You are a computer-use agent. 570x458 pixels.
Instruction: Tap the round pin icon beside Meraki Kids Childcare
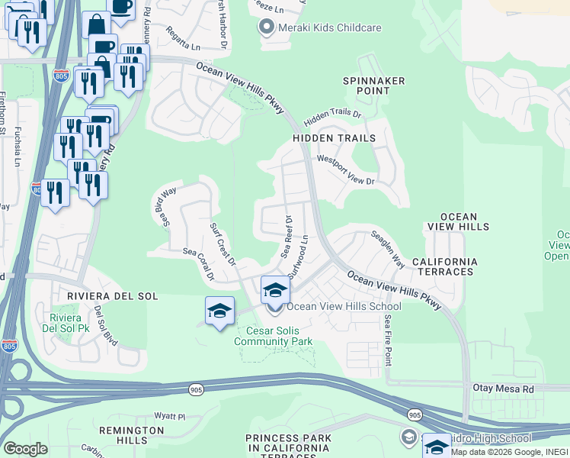(x=266, y=28)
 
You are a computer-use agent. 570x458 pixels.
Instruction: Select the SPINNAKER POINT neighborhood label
(x=373, y=86)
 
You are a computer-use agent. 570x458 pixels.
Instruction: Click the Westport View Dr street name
(x=346, y=171)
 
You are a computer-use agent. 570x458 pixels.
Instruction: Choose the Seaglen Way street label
(x=387, y=249)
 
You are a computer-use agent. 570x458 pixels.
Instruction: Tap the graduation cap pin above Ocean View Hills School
(x=275, y=290)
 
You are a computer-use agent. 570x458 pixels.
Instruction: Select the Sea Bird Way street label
(x=164, y=206)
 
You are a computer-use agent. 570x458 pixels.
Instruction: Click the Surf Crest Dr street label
(x=223, y=240)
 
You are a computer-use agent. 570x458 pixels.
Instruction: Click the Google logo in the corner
(x=25, y=448)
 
